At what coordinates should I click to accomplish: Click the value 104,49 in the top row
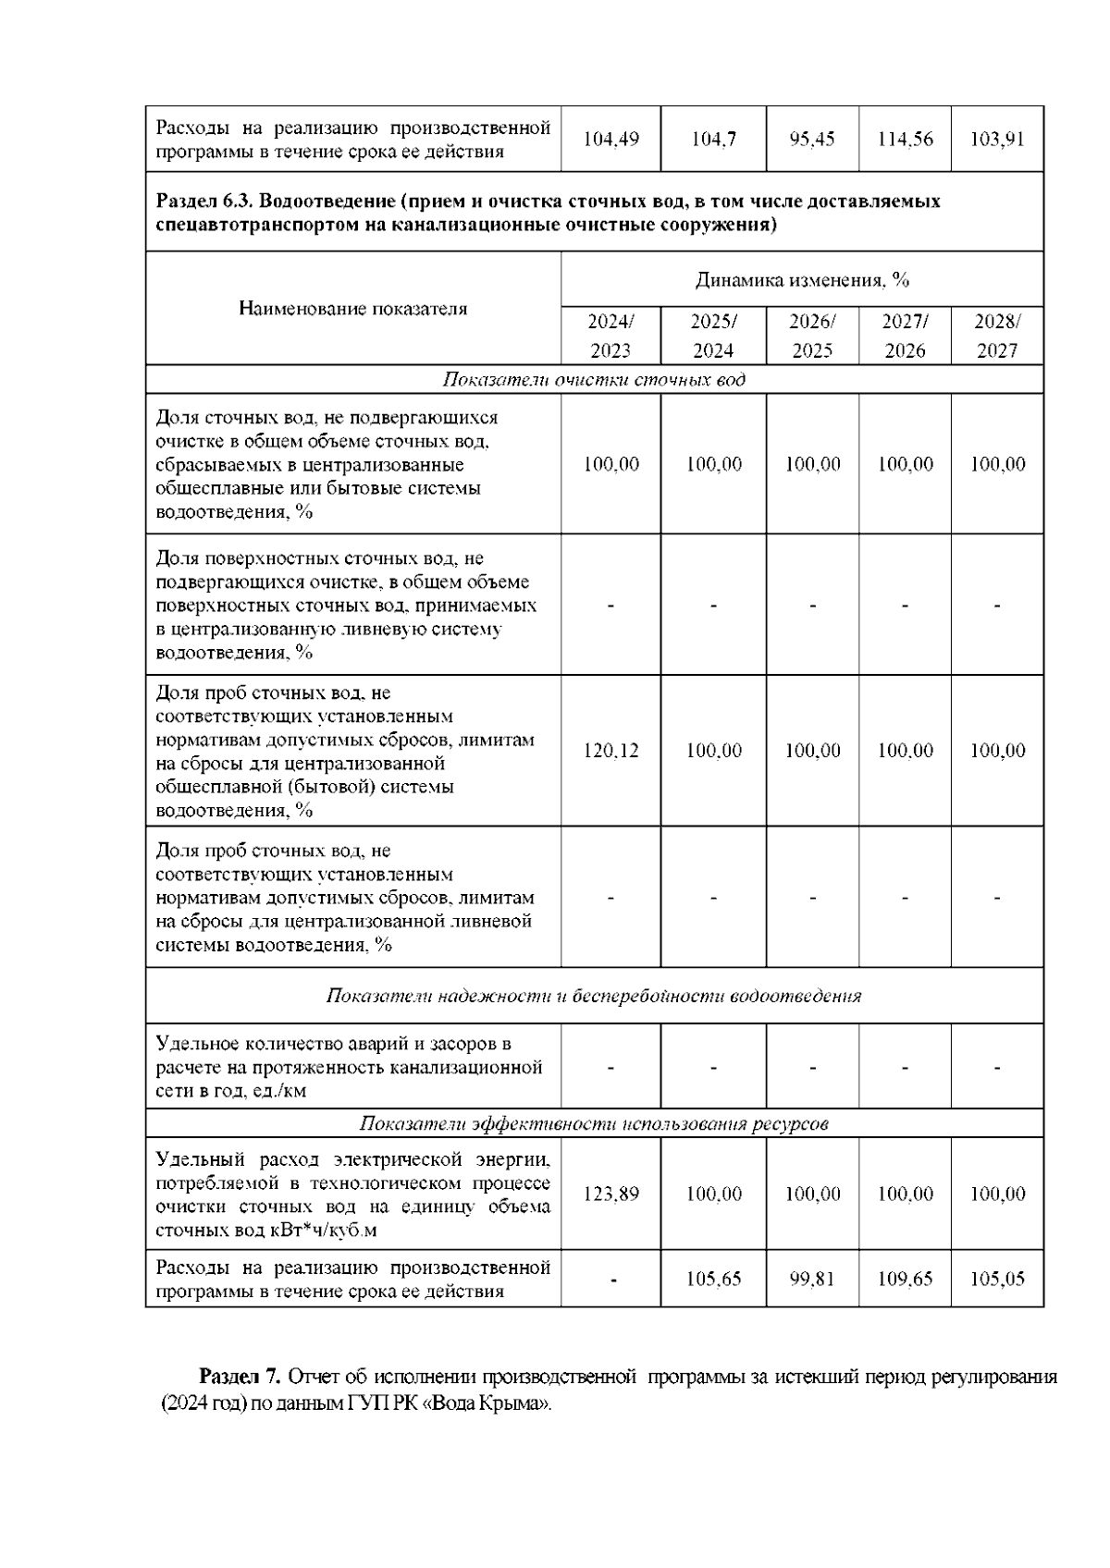610,140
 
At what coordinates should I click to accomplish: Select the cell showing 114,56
905,140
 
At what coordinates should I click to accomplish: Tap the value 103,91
997,140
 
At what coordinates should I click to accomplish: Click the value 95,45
812,140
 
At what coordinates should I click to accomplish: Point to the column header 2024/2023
610,336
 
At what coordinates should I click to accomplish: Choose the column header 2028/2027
997,336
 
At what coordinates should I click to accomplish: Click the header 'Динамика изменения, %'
802,279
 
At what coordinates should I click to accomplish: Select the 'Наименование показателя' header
352,309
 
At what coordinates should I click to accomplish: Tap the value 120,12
610,751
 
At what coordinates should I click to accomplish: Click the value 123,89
610,1194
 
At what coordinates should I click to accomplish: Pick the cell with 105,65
713,1279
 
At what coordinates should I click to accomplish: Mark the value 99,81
812,1279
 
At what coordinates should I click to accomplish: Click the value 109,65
905,1279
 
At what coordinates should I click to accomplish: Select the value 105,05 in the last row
997,1279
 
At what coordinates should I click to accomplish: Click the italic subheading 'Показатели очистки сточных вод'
594,380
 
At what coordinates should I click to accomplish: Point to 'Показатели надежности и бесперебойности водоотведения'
594,996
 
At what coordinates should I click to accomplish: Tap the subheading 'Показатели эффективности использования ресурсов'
594,1123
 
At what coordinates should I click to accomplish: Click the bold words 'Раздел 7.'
240,1377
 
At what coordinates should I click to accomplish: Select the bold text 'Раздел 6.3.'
202,202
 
